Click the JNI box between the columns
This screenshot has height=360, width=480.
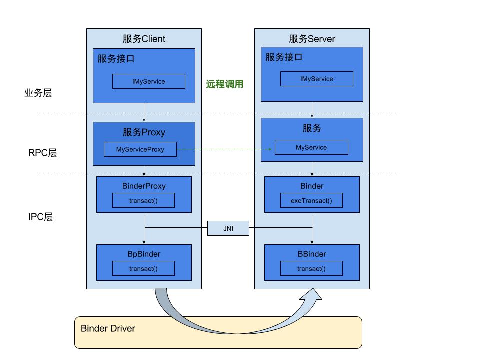pos(228,229)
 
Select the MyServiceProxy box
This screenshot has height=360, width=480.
pos(140,149)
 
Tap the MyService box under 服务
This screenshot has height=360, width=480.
pos(311,147)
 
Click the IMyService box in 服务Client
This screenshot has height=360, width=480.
pos(149,81)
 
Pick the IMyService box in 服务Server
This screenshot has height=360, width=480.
pos(316,79)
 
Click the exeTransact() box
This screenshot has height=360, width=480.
pos(311,201)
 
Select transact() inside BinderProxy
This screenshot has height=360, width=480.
pos(143,201)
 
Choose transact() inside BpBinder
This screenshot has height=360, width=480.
pos(143,268)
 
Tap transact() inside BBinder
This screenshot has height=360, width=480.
pos(311,268)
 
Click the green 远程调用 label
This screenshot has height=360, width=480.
pos(225,84)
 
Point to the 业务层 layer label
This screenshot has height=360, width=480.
pos(38,93)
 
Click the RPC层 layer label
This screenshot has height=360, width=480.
pos(42,153)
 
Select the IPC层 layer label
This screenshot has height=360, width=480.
pos(40,217)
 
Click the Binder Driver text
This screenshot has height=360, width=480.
pos(108,328)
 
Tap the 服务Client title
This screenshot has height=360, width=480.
pos(144,39)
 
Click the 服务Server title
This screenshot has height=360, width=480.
pos(312,39)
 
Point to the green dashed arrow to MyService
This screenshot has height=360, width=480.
pos(225,149)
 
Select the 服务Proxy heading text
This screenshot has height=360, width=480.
pos(144,132)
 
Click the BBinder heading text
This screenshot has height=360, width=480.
pos(311,254)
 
